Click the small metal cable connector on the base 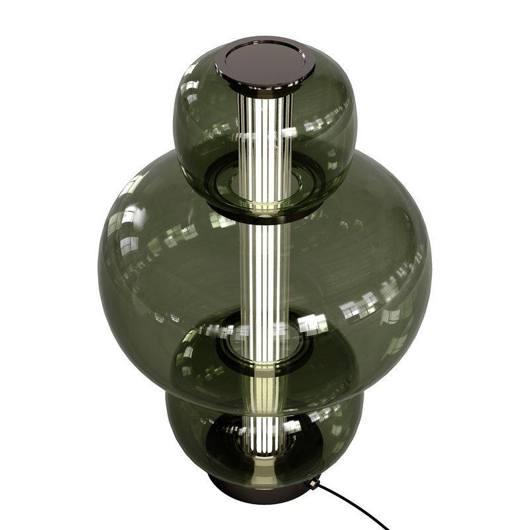click(x=311, y=484)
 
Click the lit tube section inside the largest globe click(x=265, y=265)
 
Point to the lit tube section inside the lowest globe click(x=265, y=424)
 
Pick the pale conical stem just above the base click(x=265, y=464)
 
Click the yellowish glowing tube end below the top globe click(x=265, y=213)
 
